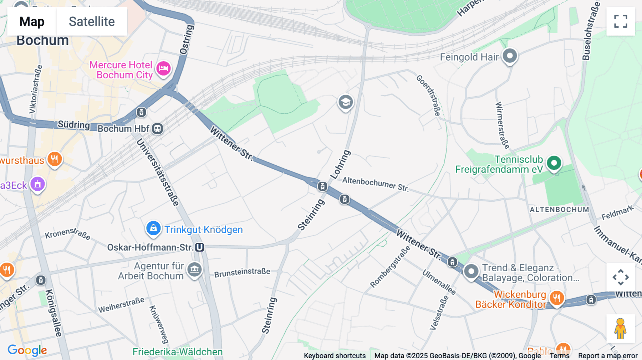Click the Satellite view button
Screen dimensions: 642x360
(92, 21)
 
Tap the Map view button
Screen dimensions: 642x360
(32, 21)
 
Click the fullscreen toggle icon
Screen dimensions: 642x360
(621, 21)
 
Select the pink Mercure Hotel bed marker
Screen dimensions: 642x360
(164, 68)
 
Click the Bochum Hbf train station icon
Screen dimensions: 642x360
(157, 129)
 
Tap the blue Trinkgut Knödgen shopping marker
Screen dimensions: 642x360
(153, 228)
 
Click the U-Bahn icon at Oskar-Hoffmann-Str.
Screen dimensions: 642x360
(200, 247)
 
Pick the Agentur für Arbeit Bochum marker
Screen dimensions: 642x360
(195, 270)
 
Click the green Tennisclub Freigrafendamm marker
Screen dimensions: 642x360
(554, 163)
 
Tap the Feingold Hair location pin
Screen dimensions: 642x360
(510, 56)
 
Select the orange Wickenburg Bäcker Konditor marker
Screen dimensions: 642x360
(556, 298)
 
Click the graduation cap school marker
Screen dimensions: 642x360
(345, 102)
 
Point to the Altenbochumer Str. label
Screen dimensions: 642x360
(375, 184)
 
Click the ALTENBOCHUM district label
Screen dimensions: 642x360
(559, 210)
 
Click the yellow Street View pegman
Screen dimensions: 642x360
(620, 329)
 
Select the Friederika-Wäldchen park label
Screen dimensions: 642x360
(177, 352)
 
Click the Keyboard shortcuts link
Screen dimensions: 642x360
(335, 356)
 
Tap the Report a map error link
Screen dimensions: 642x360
(608, 356)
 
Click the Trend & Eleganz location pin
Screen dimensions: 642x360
(471, 272)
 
